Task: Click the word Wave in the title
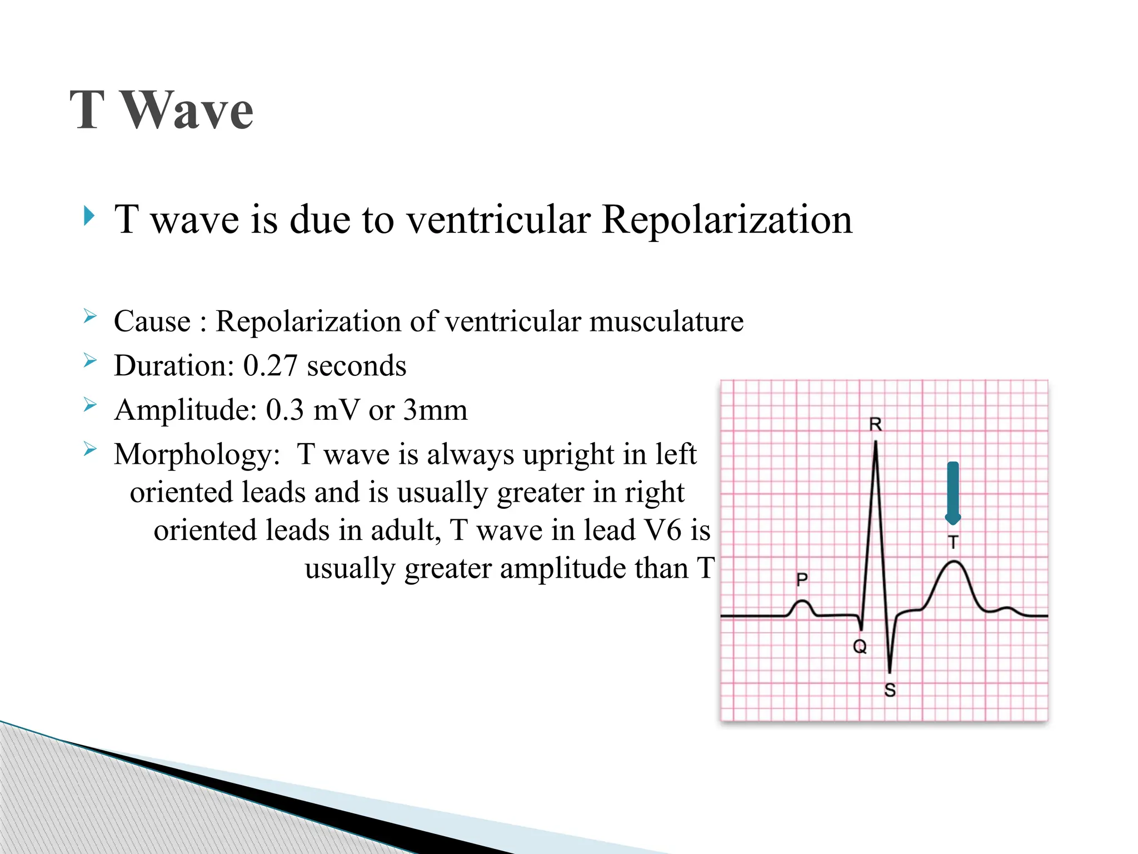point(187,111)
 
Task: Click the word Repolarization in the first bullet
point(726,220)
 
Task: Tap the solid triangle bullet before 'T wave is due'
point(89,216)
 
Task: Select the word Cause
point(152,321)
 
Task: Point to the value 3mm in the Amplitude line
point(435,410)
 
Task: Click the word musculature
point(666,321)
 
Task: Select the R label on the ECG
point(875,425)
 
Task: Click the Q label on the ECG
point(860,647)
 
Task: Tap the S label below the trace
point(890,691)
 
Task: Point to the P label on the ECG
point(802,580)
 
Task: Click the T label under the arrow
point(953,542)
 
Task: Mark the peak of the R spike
point(876,443)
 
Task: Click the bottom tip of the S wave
point(890,672)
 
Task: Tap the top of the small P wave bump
point(802,601)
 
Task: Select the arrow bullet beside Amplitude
point(90,405)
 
